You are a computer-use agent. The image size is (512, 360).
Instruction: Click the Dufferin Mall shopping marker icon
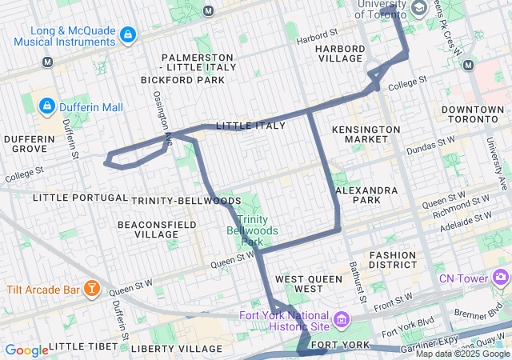(47, 106)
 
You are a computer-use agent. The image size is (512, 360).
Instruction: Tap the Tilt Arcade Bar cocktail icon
(93, 287)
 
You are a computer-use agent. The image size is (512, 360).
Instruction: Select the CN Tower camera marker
(501, 278)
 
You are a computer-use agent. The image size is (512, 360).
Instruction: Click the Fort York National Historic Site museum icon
(342, 321)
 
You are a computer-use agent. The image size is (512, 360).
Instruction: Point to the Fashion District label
(393, 260)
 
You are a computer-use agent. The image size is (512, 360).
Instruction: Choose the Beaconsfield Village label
(157, 230)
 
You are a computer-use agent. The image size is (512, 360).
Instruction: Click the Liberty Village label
(176, 349)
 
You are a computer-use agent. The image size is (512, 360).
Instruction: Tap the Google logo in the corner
(26, 350)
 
